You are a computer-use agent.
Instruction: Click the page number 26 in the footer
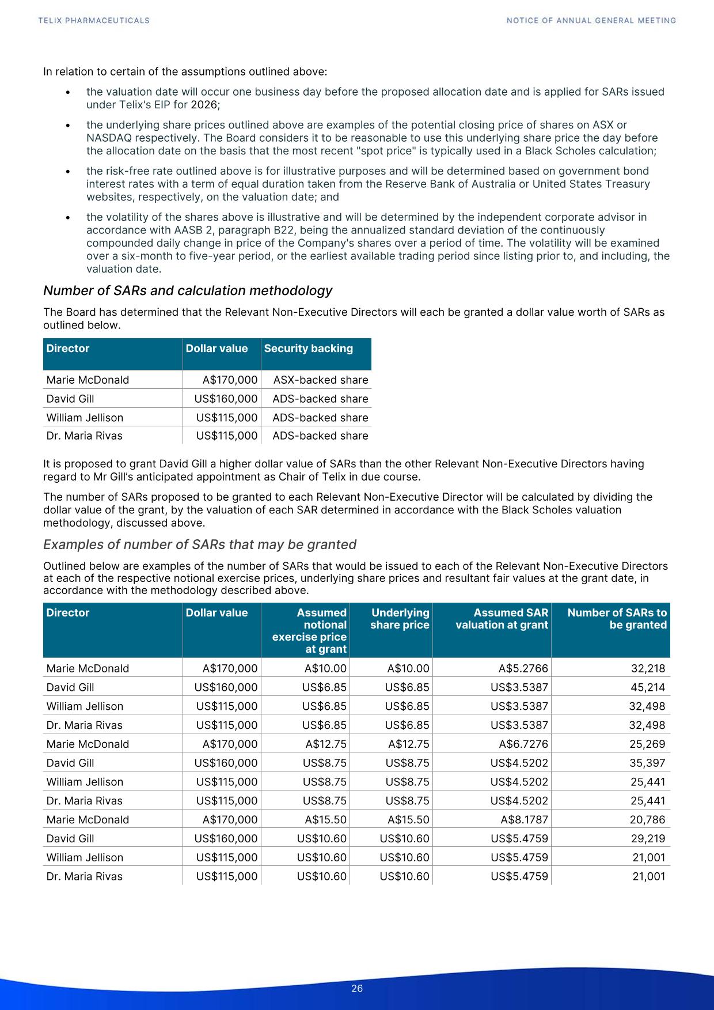tap(357, 989)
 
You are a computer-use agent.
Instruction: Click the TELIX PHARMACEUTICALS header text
tap(94, 21)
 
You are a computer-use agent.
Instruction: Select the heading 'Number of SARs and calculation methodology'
tap(188, 290)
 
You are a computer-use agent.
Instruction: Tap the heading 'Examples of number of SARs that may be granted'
tap(200, 544)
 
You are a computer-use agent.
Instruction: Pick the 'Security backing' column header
tap(309, 349)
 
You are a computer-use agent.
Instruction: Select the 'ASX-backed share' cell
tap(321, 380)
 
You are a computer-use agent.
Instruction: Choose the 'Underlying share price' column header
tap(400, 619)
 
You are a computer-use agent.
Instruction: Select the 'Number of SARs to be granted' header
tap(617, 619)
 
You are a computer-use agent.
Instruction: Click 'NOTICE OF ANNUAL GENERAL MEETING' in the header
tap(591, 21)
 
